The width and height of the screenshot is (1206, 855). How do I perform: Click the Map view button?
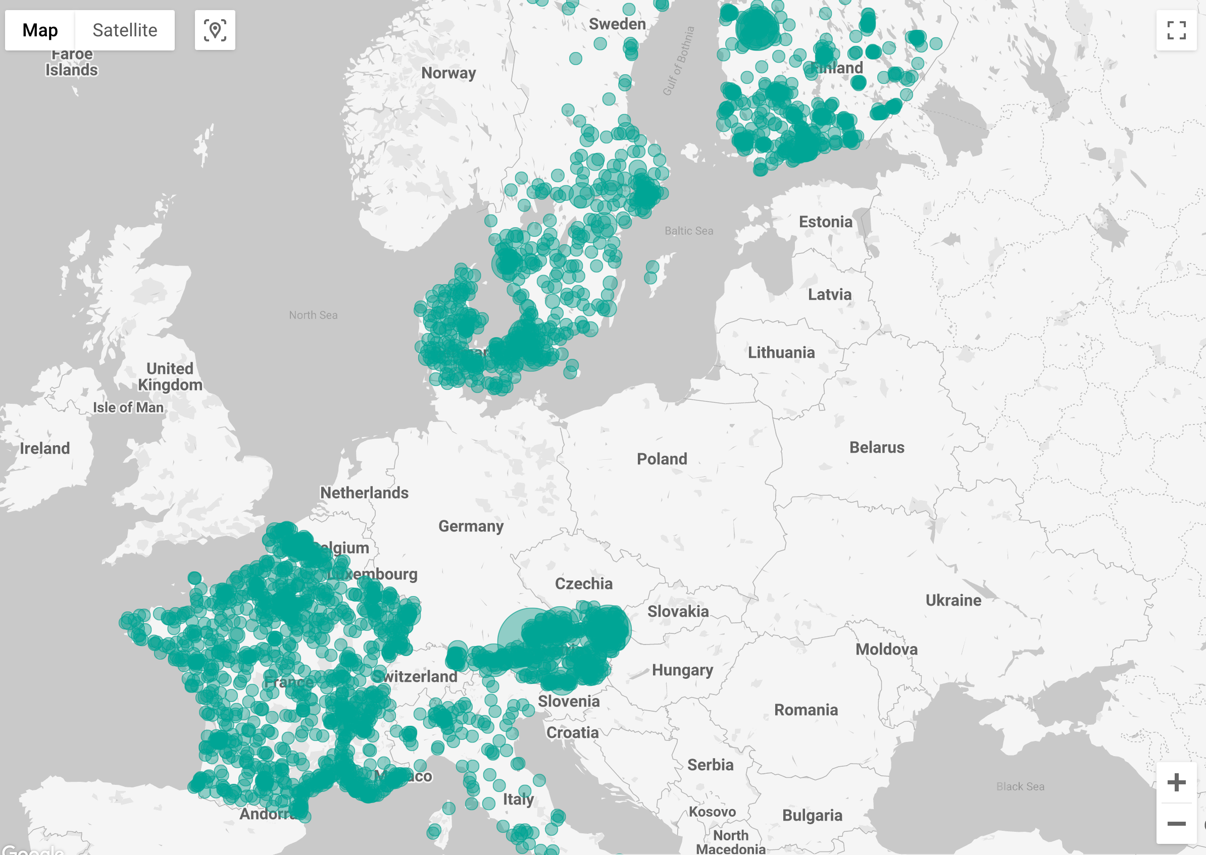[x=40, y=30]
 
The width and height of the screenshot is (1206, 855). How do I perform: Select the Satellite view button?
[x=125, y=30]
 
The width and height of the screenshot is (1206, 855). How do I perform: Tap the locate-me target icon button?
[x=215, y=30]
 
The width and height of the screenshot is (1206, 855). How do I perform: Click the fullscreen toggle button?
[x=1176, y=30]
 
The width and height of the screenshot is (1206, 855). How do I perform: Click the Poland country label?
[x=662, y=459]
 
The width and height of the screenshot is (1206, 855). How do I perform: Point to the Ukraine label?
[x=952, y=600]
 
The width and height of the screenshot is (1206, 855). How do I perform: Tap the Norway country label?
[x=448, y=73]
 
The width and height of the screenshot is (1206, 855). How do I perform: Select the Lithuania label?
[x=781, y=352]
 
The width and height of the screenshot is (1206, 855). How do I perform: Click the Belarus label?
[x=876, y=448]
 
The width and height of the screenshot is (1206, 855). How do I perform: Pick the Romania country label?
[x=805, y=710]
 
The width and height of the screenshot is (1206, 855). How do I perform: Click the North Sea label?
[x=313, y=315]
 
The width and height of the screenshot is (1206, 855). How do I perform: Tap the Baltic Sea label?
[x=688, y=231]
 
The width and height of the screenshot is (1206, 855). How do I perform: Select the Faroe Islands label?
[x=71, y=62]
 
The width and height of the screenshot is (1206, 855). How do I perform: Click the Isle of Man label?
[x=128, y=407]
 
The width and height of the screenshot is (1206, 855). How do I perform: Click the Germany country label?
[x=471, y=526]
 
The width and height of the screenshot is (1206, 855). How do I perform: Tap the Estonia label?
[x=825, y=222]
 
